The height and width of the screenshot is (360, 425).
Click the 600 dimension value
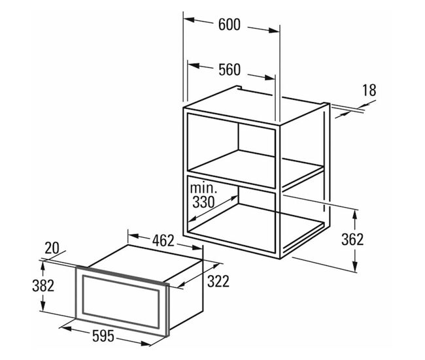[229, 25]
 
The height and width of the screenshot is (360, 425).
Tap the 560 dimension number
[229, 70]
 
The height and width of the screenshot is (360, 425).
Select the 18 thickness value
[369, 90]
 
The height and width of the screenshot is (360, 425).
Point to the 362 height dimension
[352, 240]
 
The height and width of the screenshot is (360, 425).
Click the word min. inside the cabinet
[203, 188]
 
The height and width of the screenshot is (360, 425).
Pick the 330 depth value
[203, 202]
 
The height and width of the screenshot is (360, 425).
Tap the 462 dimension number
[163, 240]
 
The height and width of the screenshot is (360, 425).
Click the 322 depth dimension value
[218, 281]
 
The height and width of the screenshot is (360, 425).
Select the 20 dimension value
[52, 248]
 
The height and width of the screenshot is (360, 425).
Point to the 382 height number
[43, 286]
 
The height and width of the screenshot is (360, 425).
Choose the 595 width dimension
[103, 336]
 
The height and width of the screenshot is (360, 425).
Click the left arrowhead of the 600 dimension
[189, 20]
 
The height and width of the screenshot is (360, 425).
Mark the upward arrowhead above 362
[355, 215]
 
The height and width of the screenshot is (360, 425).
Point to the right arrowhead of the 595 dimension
[145, 344]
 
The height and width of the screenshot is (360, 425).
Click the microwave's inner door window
[121, 301]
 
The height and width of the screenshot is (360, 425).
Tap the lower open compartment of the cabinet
[231, 214]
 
